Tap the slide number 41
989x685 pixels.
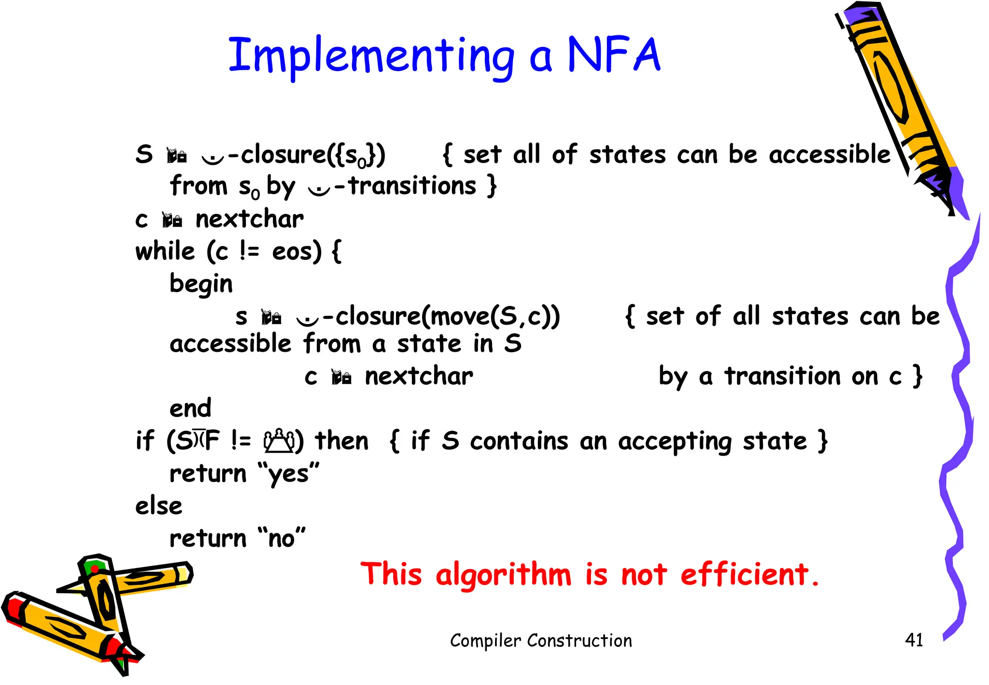pyautogui.click(x=914, y=640)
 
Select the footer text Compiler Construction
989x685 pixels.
pyautogui.click(x=541, y=641)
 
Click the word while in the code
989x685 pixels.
pyautogui.click(x=165, y=251)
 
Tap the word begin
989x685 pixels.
pyautogui.click(x=201, y=284)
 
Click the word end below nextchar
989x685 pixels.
pyautogui.click(x=190, y=408)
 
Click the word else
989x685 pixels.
pyautogui.click(x=159, y=506)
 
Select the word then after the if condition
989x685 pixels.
pyautogui.click(x=341, y=441)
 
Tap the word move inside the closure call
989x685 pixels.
pyautogui.click(x=459, y=317)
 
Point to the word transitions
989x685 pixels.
pyautogui.click(x=412, y=186)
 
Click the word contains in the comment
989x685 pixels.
pyautogui.click(x=519, y=442)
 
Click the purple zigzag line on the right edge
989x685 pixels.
pyautogui.click(x=959, y=435)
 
